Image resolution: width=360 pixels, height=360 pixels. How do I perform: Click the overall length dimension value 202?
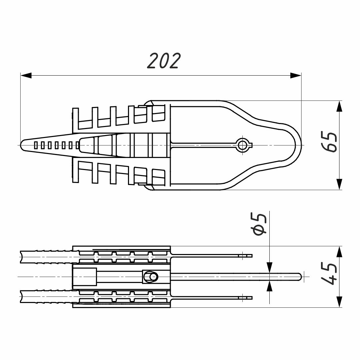pyautogui.click(x=164, y=61)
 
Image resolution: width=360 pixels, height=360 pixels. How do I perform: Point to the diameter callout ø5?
pyautogui.click(x=260, y=225)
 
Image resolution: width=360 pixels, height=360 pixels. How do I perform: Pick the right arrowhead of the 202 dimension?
pyautogui.click(x=296, y=76)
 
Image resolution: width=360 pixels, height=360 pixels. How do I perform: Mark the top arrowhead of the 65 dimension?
pyautogui.click(x=339, y=106)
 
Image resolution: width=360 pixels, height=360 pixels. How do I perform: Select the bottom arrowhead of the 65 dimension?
pyautogui.click(x=339, y=184)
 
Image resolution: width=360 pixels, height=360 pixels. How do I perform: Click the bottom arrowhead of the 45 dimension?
pyautogui.click(x=339, y=302)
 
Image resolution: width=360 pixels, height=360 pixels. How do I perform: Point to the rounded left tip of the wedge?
pyautogui.click(x=23, y=145)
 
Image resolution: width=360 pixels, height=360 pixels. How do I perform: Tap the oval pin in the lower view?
pyautogui.click(x=153, y=277)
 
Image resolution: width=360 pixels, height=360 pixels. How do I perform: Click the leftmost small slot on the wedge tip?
pyautogui.click(x=35, y=145)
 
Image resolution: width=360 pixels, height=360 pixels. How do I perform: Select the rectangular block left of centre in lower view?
pyautogui.click(x=85, y=277)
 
